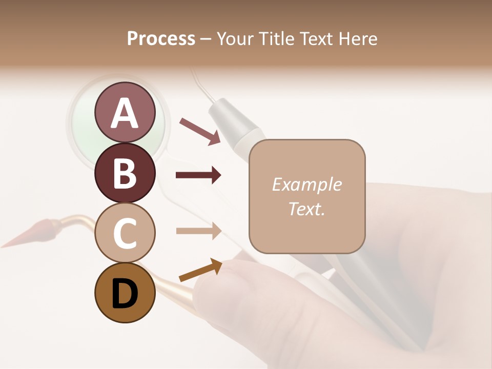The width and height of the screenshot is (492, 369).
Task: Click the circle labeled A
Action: (125, 112)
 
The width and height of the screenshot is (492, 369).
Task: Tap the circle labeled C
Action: (125, 233)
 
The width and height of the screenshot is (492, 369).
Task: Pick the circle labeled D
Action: (125, 293)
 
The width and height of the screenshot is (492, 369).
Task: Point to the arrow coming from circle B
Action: (198, 175)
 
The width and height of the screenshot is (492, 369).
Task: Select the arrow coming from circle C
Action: (198, 231)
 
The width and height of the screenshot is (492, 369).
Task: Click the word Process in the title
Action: (161, 38)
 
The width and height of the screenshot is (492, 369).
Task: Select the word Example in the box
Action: (306, 184)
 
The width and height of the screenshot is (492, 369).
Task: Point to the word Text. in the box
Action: (306, 209)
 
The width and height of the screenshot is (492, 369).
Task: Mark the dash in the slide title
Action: (206, 39)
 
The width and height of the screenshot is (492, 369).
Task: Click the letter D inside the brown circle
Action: (125, 294)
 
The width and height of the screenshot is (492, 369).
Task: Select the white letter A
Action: (125, 113)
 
